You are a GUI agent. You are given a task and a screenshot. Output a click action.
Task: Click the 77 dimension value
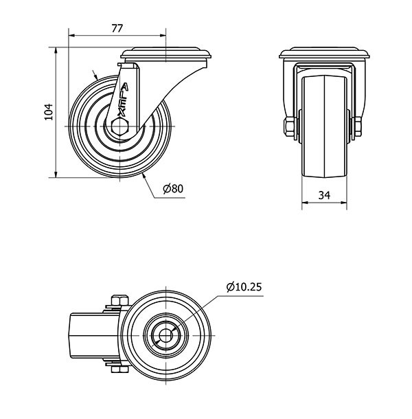[x=117, y=28]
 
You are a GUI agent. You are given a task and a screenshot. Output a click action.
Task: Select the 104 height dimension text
[x=49, y=112]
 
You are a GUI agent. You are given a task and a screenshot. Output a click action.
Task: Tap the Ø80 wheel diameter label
[x=173, y=189]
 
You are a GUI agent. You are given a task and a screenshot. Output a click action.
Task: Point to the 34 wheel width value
[x=324, y=195]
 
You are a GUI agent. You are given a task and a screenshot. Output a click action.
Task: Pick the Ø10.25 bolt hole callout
[x=244, y=287]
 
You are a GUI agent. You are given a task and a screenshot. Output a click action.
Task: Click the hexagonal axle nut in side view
[x=120, y=126]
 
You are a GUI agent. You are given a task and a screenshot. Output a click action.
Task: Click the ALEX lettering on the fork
[x=123, y=100]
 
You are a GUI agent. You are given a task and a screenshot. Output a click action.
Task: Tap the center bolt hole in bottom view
[x=166, y=335]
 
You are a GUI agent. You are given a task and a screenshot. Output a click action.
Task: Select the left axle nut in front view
[x=289, y=126]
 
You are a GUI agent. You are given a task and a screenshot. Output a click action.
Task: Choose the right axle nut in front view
[x=358, y=126]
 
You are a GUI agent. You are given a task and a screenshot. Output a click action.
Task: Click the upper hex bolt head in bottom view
[x=120, y=300]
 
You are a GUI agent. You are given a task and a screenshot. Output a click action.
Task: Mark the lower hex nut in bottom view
[x=120, y=370]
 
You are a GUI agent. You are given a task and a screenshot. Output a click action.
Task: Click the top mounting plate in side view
[x=166, y=53]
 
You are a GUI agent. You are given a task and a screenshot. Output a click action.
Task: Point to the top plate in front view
[x=324, y=53]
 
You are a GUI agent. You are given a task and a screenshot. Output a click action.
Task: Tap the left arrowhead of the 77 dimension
[x=72, y=35]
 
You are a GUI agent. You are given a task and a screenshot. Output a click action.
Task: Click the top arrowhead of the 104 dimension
[x=56, y=51]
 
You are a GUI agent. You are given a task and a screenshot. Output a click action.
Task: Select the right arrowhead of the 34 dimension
[x=343, y=203]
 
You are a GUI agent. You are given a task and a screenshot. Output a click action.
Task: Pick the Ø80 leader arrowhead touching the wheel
[x=144, y=176]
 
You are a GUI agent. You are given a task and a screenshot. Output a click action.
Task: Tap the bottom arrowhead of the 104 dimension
[x=56, y=174]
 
